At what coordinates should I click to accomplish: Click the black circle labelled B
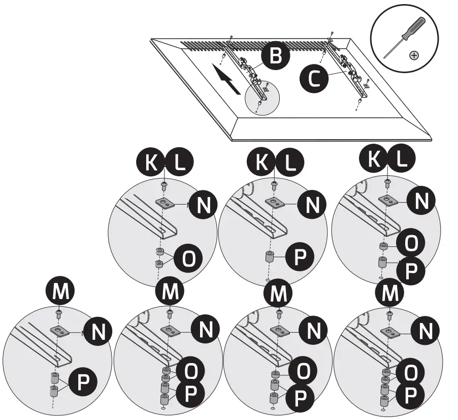coord(275,56)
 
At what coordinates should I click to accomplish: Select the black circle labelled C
coord(314,79)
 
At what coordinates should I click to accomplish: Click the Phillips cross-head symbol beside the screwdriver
coord(414,55)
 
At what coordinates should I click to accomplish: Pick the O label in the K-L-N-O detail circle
coord(188,258)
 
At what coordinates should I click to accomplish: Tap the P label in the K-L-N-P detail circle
coord(300,258)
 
